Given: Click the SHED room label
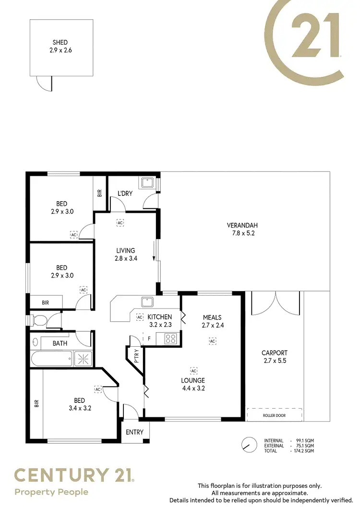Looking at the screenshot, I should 60,43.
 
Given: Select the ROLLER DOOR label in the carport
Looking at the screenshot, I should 274,415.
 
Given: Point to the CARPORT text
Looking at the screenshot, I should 274,353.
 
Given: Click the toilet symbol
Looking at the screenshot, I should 38,320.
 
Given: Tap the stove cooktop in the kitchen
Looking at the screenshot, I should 170,339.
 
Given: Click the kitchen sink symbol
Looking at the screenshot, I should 147,302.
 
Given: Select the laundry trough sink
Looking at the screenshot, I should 146,183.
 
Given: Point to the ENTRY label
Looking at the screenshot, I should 134,432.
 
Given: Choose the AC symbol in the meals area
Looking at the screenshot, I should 212,341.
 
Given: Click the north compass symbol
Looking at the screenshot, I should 249,445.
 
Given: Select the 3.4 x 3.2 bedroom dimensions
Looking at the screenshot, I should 80,409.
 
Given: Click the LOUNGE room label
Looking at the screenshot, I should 193,381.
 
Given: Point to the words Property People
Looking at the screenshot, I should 51,492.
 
